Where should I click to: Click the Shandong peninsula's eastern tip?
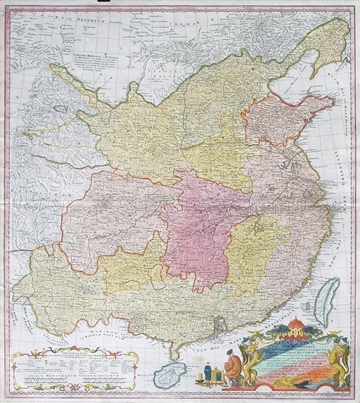click(x=332, y=101)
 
